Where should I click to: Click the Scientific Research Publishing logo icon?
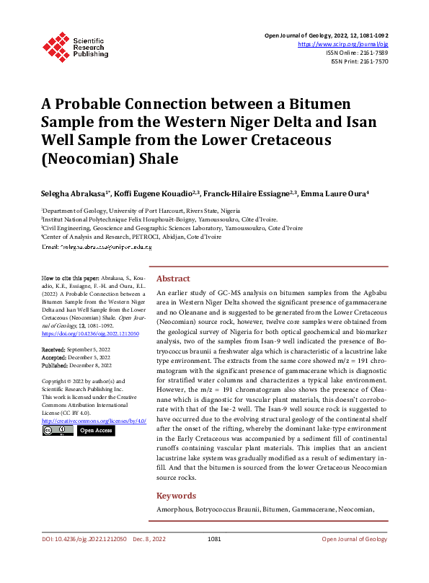point(55,45)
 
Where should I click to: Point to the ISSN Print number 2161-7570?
point(373,62)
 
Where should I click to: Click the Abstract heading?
point(173,279)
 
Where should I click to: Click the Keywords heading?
point(176,496)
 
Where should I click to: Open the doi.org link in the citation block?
point(90,334)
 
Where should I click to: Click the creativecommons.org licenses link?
point(94,419)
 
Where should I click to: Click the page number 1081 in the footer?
point(213,558)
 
